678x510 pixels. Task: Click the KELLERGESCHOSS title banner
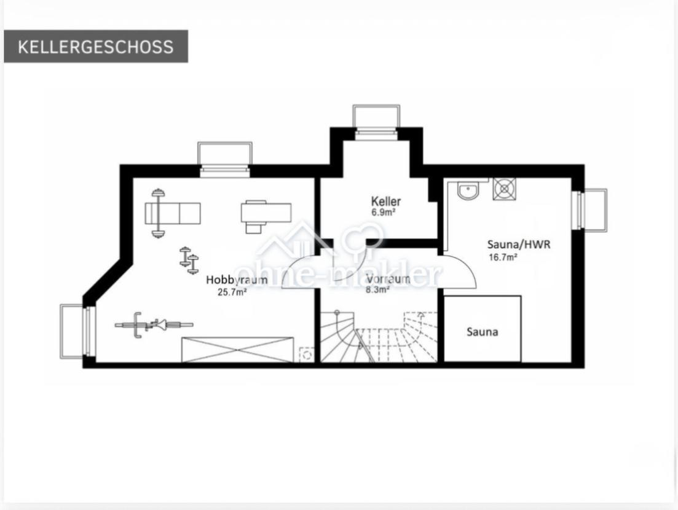click(96, 46)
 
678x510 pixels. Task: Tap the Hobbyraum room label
click(237, 280)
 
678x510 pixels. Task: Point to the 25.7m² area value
click(232, 292)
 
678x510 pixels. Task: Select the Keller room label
click(385, 201)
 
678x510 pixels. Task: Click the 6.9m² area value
click(383, 212)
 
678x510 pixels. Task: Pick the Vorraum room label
click(388, 279)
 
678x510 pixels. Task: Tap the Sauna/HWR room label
click(519, 245)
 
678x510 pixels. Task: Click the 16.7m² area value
click(503, 257)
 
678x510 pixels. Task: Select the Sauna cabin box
click(482, 329)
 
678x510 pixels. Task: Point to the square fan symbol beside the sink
click(504, 189)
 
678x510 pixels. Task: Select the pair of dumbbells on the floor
click(189, 260)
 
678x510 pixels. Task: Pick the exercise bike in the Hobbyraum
click(154, 324)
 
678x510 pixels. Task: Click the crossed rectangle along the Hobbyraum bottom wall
click(238, 350)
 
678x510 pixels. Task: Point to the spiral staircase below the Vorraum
click(379, 337)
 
